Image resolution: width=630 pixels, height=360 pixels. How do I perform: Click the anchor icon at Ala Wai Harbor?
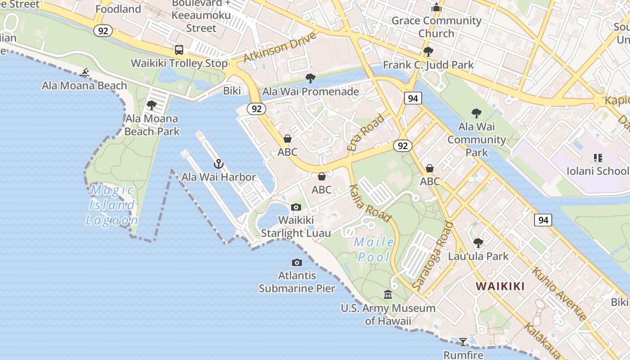219,164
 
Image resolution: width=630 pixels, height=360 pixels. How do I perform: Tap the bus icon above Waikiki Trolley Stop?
179,50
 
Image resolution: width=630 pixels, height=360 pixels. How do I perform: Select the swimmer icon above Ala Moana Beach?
85,72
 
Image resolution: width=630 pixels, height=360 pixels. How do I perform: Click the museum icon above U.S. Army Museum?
388,295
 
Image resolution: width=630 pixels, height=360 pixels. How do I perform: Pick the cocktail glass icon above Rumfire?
463,342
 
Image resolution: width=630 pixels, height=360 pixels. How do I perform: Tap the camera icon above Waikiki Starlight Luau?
296,207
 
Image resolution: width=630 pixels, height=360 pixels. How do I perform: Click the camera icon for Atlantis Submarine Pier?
297,262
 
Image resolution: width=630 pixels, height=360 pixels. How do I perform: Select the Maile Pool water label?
373,249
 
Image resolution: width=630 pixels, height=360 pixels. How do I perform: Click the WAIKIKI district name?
500,286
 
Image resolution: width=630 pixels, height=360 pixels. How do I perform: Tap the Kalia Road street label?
370,203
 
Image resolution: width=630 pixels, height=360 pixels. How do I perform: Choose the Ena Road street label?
366,132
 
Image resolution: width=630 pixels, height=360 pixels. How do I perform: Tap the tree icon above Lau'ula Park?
478,243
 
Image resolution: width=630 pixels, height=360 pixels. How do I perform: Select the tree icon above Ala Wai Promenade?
310,78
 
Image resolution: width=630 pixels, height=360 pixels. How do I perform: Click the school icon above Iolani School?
598,157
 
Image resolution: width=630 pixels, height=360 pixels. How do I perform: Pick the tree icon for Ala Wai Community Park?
477,113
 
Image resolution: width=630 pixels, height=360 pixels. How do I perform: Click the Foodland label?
118,9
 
